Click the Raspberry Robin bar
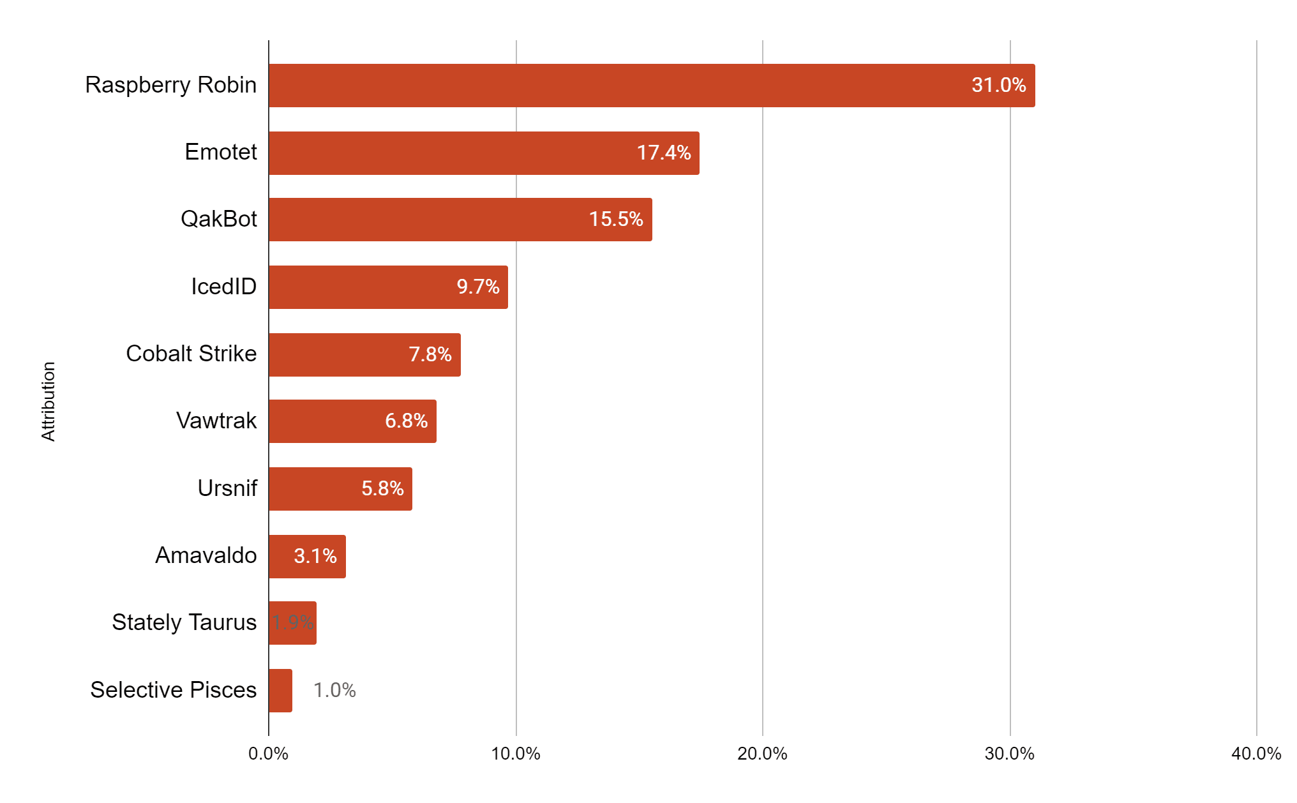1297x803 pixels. coord(651,86)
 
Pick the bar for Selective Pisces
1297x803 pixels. coord(280,691)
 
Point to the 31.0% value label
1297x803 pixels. coord(998,86)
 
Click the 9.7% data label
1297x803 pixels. coord(477,287)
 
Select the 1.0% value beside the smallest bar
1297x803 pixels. coord(334,691)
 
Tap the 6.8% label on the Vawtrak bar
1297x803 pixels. coord(406,421)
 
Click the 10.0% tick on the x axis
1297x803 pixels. coord(516,754)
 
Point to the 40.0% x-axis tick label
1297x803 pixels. coord(1256,754)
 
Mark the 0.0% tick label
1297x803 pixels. coord(268,754)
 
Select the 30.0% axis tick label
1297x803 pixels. coord(1010,754)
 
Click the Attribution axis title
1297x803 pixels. coord(49,401)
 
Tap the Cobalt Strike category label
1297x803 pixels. coord(191,354)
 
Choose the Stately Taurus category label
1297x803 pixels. coord(184,622)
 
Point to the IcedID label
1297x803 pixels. coord(223,287)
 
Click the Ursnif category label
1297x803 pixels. coord(227,488)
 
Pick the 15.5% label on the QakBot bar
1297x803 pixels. coord(615,220)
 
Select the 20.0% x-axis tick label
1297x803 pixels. coord(762,754)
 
